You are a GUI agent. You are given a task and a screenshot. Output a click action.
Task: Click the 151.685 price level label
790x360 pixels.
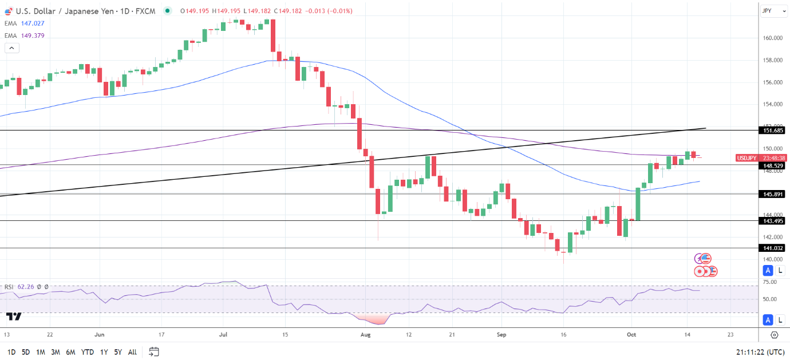773,130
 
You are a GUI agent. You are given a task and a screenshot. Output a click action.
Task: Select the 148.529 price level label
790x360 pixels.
773,165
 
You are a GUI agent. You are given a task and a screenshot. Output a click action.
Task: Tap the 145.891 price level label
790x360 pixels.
773,194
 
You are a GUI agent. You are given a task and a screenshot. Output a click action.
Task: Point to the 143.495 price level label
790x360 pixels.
773,221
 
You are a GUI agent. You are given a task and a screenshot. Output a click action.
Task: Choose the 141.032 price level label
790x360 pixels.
773,248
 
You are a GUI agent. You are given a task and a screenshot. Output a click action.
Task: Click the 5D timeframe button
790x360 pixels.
26,352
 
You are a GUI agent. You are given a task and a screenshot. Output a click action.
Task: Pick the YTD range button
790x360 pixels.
88,352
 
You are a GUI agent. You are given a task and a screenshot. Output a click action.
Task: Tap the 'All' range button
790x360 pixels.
132,352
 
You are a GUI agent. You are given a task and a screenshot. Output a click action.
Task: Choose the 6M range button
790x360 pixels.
70,352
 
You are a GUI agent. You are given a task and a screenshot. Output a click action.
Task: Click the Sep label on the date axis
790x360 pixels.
501,334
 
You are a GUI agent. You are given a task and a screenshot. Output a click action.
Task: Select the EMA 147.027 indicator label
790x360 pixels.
31,23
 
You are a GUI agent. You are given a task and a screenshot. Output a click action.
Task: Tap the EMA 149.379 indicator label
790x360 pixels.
31,35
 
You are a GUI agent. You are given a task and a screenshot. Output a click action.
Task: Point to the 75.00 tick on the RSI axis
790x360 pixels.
769,282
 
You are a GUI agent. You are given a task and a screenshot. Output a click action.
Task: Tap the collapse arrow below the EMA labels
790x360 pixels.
11,48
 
